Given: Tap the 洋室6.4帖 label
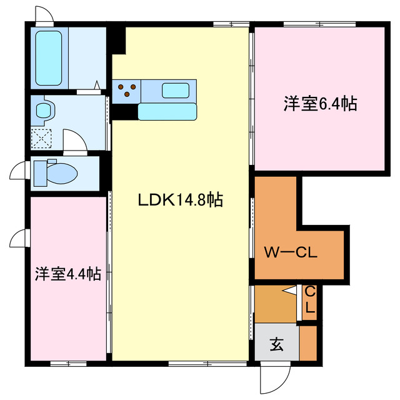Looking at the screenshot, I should click(321, 104).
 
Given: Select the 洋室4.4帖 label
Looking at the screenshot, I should click(67, 274).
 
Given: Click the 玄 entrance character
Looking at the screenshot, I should click(276, 343).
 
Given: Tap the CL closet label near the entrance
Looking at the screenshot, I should click(309, 301).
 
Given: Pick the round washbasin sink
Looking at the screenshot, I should click(44, 111).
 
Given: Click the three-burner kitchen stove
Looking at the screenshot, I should click(127, 91).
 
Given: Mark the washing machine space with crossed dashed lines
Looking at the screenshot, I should click(43, 139).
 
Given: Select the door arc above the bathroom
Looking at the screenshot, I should click(44, 14).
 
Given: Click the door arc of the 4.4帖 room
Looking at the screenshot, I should click(19, 238).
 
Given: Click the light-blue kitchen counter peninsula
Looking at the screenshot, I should click(167, 111).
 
